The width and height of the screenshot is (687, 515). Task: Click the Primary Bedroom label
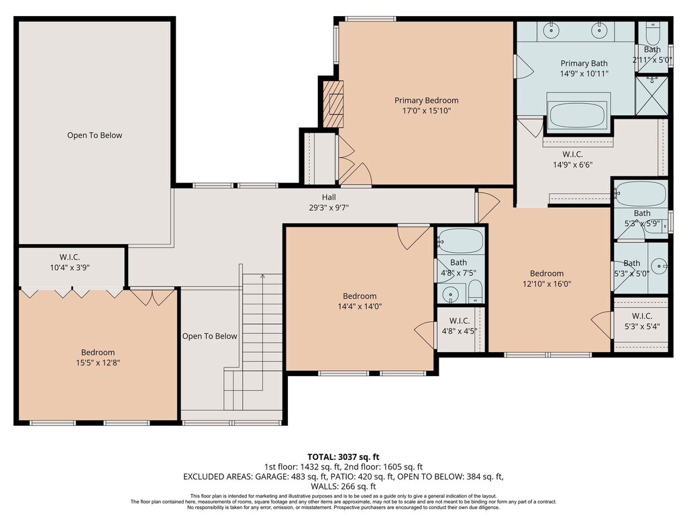coord(426,101)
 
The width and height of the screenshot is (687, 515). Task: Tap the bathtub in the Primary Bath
coord(578,115)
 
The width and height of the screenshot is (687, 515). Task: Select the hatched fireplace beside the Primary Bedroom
coord(333,104)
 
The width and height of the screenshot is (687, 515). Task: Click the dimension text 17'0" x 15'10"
coord(426,111)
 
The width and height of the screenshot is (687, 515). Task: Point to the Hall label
coord(329,197)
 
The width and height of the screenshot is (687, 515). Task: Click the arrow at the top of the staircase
coord(262,277)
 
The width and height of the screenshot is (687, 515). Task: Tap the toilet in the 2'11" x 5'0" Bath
coord(652,32)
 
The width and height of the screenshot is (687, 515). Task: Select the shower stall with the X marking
coord(652,96)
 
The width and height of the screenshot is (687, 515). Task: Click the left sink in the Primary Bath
coord(551,30)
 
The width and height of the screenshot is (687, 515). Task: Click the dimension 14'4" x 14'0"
coord(360,306)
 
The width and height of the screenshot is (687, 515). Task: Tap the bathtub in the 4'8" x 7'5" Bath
coord(460,241)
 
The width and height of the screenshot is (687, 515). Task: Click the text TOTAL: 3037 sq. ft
coord(343,457)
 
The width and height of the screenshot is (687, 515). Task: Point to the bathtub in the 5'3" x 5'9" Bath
coord(641,193)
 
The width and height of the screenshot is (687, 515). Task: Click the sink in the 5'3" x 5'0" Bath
coord(659,266)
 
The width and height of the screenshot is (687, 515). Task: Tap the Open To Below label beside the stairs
coord(209,336)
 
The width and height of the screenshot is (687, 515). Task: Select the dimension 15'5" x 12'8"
coord(98,363)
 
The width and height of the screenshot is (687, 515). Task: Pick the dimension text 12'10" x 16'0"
coord(547,284)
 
